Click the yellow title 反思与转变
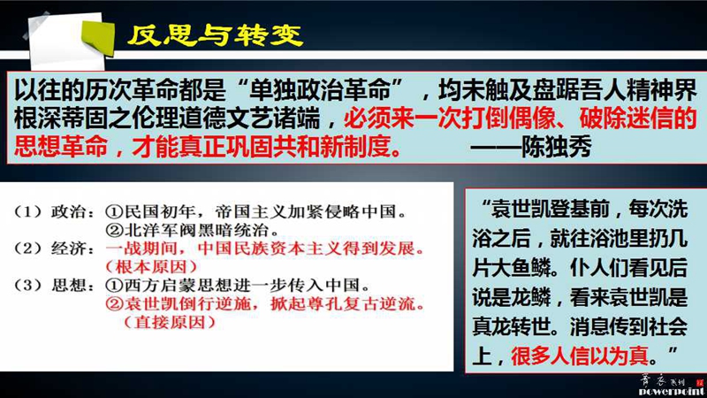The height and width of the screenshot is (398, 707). click(215, 34)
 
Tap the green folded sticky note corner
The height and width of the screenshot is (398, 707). click(99, 38)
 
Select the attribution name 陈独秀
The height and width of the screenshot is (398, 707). click(556, 147)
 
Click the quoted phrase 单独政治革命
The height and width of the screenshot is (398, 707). click(320, 90)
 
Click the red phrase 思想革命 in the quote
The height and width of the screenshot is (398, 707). click(61, 147)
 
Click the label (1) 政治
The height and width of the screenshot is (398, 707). click(55, 211)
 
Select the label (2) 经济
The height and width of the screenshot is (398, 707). click(55, 249)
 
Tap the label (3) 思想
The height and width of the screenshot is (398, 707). click(55, 286)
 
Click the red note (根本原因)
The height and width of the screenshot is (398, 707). click(151, 267)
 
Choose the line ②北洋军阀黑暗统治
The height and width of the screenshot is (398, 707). click(192, 230)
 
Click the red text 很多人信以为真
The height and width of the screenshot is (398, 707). click(580, 356)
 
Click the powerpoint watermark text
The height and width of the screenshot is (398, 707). click(671, 391)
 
